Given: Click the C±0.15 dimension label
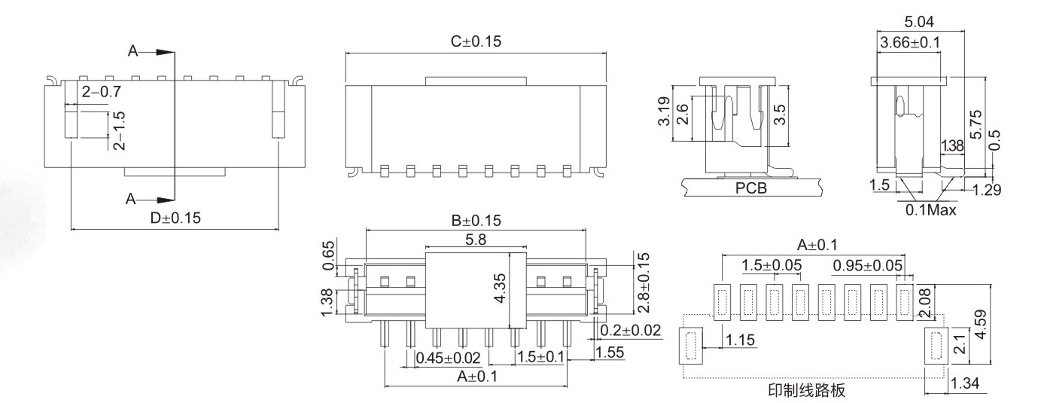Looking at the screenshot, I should (476, 42).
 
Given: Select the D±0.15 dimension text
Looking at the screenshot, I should (174, 218).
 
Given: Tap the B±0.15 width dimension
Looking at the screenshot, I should (475, 221).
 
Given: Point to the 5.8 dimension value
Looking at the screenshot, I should (475, 238).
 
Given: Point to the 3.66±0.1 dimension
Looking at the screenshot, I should (909, 43).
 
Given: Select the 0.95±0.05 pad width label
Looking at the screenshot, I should (869, 265).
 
